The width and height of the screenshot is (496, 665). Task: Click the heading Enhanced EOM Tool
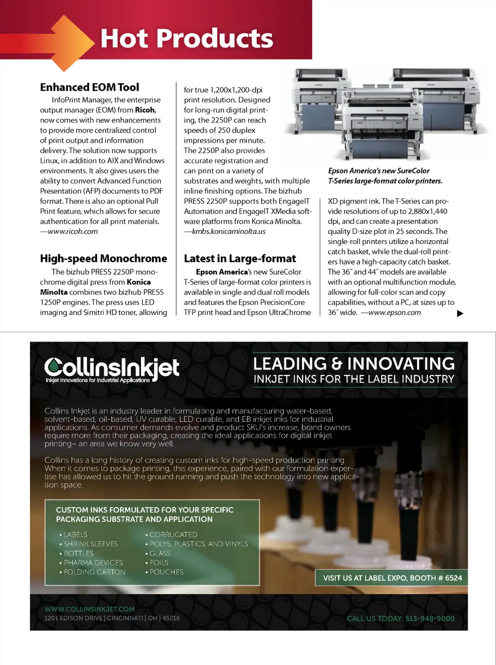pos(90,87)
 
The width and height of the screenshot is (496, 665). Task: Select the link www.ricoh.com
pos(73,232)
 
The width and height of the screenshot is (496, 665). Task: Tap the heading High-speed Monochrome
pos(103,259)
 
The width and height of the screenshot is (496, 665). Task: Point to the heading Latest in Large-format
pos(240,259)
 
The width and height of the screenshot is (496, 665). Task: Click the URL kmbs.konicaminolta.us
pos(229,232)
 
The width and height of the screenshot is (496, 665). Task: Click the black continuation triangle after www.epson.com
pos(460,313)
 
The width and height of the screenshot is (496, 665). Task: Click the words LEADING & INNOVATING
pos(354,363)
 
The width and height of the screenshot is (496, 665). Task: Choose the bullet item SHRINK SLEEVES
pos(91,544)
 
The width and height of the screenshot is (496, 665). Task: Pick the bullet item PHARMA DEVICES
pos(93,563)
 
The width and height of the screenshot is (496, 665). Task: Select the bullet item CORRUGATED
pos(173,535)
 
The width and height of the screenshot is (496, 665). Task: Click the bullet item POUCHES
pos(166,572)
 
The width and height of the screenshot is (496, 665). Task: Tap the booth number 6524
pos(453,578)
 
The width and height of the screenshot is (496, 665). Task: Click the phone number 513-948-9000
pos(430,619)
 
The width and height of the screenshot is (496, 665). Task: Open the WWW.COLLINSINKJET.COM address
pos(90,609)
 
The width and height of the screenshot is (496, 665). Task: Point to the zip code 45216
pos(171,618)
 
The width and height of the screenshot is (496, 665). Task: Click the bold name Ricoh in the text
pos(145,110)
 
